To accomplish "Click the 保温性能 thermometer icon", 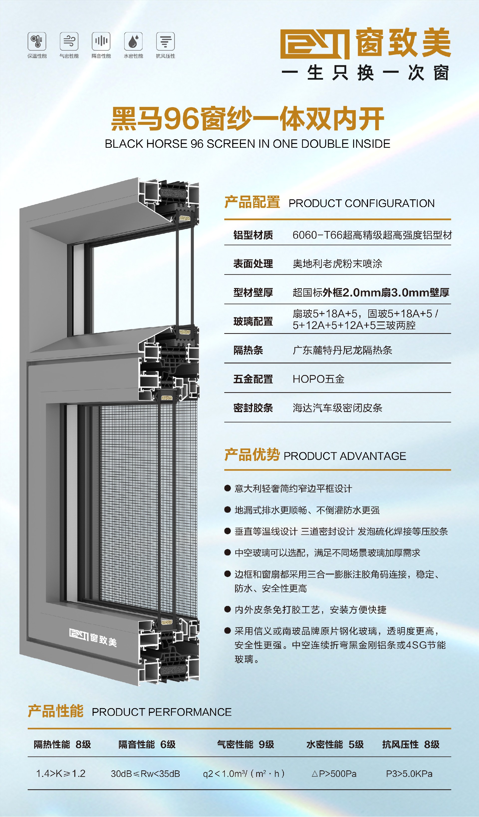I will [x=37, y=41].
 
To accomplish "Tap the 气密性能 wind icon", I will [x=69, y=41].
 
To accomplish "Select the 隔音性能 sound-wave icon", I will [x=101, y=41].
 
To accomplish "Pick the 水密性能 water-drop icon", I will [x=133, y=41].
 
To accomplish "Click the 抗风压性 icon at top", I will [x=165, y=41].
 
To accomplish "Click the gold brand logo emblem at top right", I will [x=314, y=44].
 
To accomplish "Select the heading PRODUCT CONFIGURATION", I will [x=361, y=203].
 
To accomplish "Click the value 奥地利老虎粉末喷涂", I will [x=337, y=264].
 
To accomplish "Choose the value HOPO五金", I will [x=318, y=379].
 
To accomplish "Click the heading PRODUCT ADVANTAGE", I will [x=345, y=456].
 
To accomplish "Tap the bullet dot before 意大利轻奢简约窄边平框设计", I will [x=228, y=488].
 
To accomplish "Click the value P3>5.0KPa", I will [x=409, y=774].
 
